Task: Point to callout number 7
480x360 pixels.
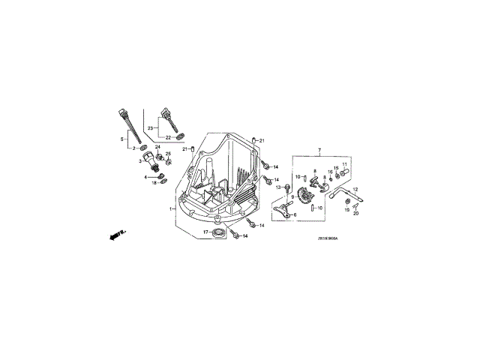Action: [319, 151]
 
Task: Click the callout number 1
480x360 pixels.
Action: [172, 208]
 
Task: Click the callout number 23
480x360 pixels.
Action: [149, 129]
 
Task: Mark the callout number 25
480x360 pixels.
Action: [168, 154]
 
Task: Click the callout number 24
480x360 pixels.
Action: [158, 147]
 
